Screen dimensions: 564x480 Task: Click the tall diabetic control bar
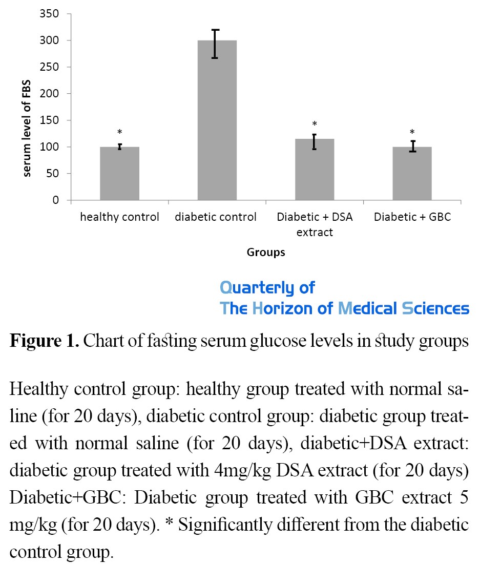(x=217, y=120)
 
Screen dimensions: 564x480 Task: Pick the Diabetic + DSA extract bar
(x=315, y=169)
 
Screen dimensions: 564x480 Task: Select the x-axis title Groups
(x=266, y=252)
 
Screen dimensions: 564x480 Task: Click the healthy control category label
(x=119, y=217)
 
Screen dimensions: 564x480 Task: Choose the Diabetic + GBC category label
(x=412, y=217)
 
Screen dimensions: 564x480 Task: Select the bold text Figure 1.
(x=44, y=342)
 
